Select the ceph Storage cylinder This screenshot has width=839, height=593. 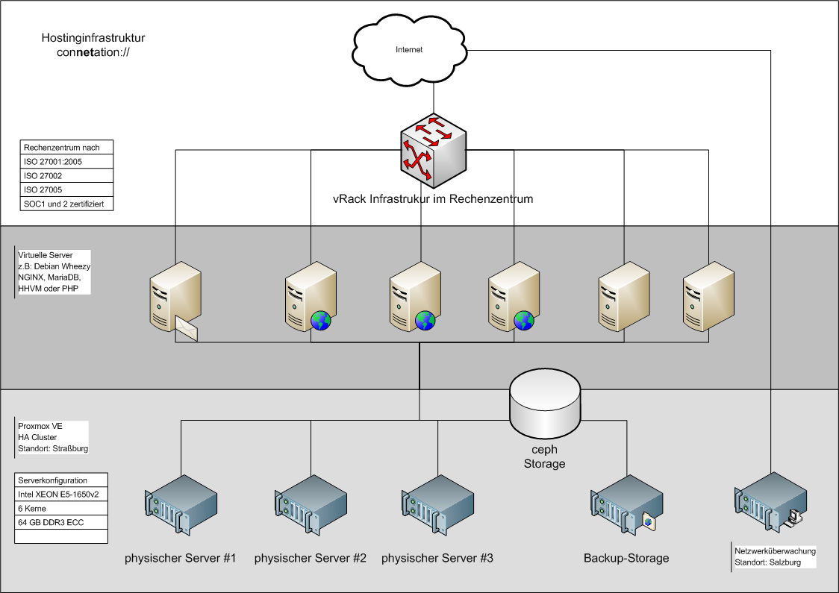tap(545, 406)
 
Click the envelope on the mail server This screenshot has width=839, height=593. tap(187, 327)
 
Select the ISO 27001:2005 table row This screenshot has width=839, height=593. tap(68, 162)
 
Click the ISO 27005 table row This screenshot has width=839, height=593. tap(68, 189)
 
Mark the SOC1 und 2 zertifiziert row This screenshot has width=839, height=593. tap(68, 204)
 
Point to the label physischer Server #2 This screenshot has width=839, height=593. tap(310, 558)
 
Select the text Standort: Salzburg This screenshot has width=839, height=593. tap(767, 562)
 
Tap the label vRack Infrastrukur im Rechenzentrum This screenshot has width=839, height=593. tap(433, 200)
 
